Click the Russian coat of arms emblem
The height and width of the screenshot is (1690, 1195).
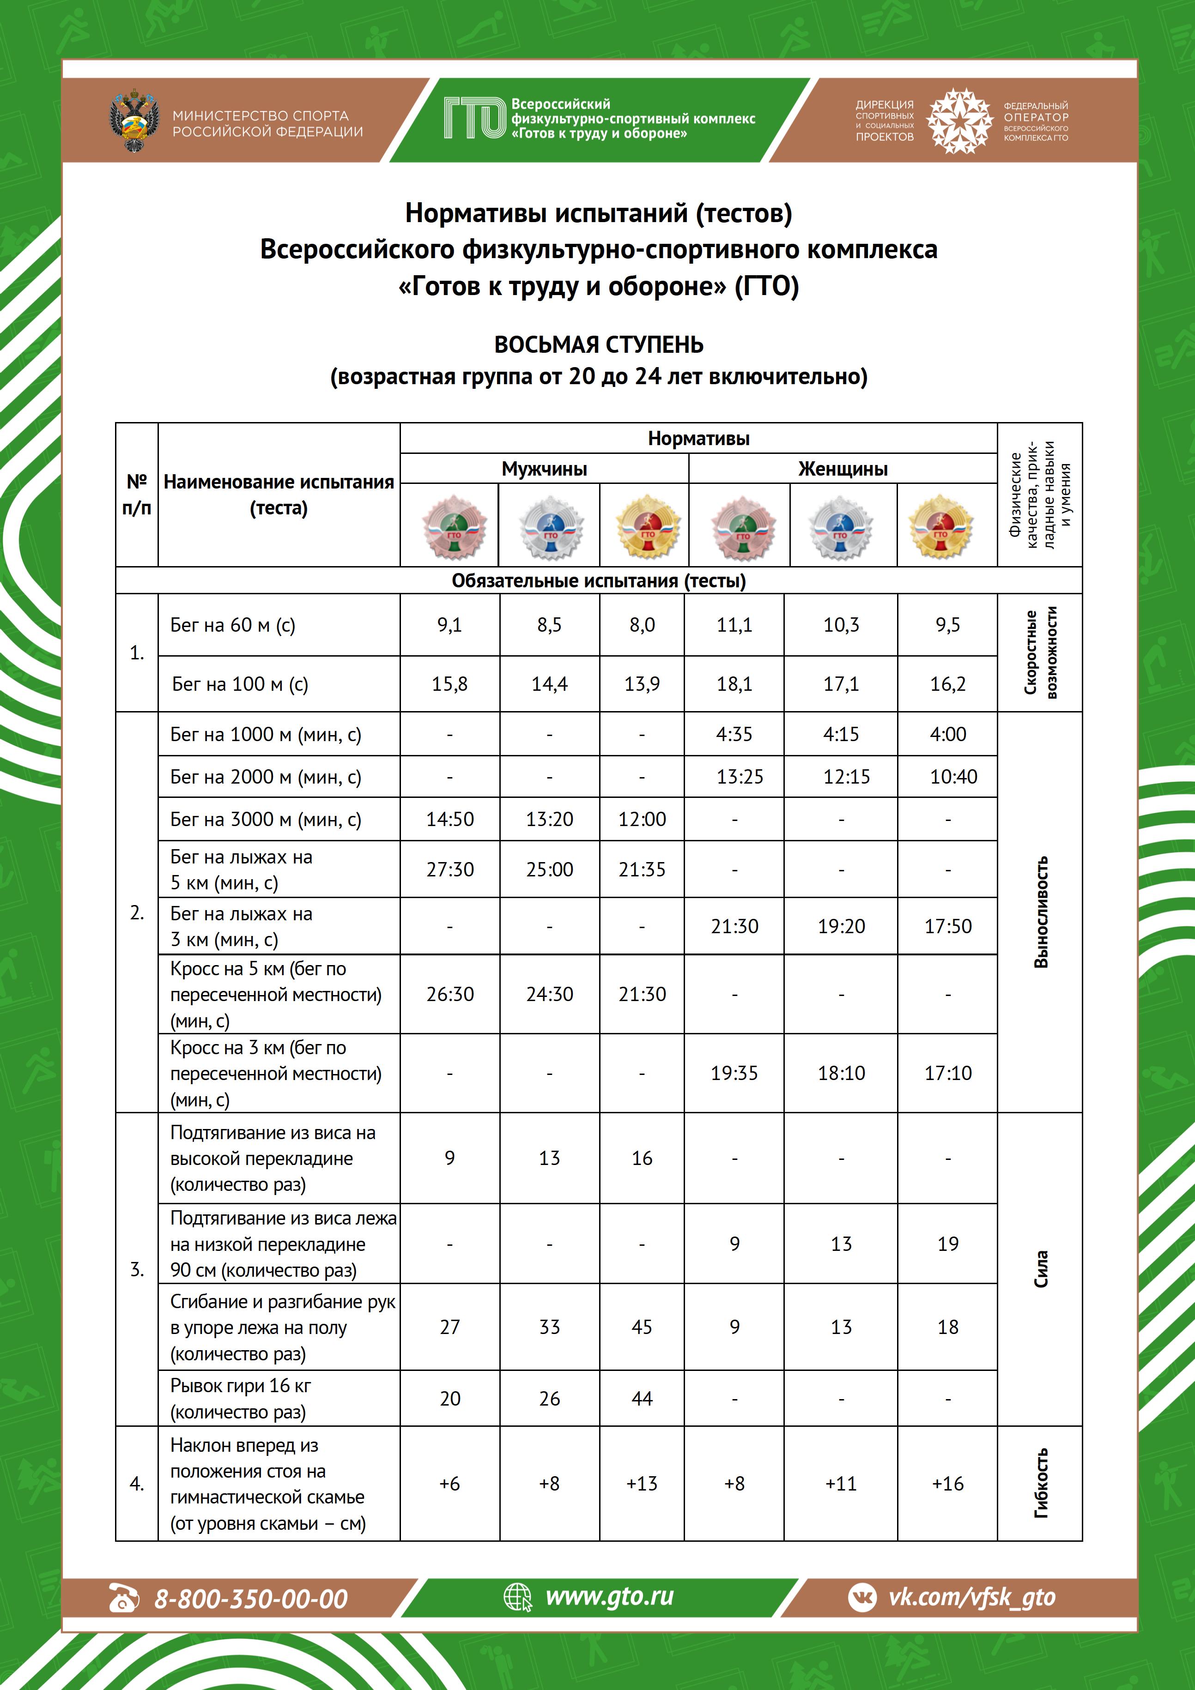pyautogui.click(x=134, y=121)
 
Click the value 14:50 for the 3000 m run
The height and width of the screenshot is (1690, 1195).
pyautogui.click(x=450, y=819)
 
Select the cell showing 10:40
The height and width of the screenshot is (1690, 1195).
pyautogui.click(x=953, y=777)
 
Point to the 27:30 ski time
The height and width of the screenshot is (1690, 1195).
pyautogui.click(x=450, y=869)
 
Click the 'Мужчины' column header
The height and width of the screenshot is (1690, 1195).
pyautogui.click(x=544, y=469)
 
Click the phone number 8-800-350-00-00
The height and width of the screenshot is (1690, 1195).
pyautogui.click(x=250, y=1599)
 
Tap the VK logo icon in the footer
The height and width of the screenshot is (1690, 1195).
pyautogui.click(x=862, y=1597)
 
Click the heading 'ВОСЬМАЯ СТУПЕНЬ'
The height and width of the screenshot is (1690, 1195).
pyautogui.click(x=598, y=344)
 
